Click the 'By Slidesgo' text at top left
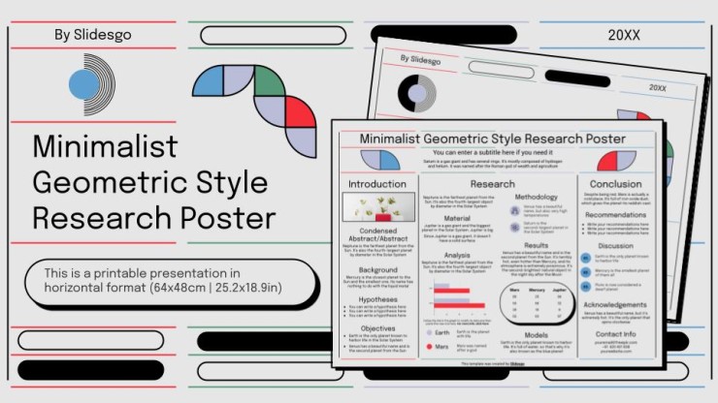click(x=93, y=35)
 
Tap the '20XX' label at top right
click(x=624, y=35)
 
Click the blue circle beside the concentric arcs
click(x=83, y=85)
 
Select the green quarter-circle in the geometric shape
click(x=268, y=81)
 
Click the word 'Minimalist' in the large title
click(x=105, y=146)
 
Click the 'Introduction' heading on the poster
click(x=377, y=183)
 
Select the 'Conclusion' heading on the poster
click(x=616, y=183)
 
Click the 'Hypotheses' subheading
click(x=377, y=300)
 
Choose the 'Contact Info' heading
click(x=616, y=334)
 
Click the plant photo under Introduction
click(x=377, y=206)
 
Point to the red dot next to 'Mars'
click(x=429, y=346)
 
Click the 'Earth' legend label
click(x=441, y=332)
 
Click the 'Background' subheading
click(x=377, y=270)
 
